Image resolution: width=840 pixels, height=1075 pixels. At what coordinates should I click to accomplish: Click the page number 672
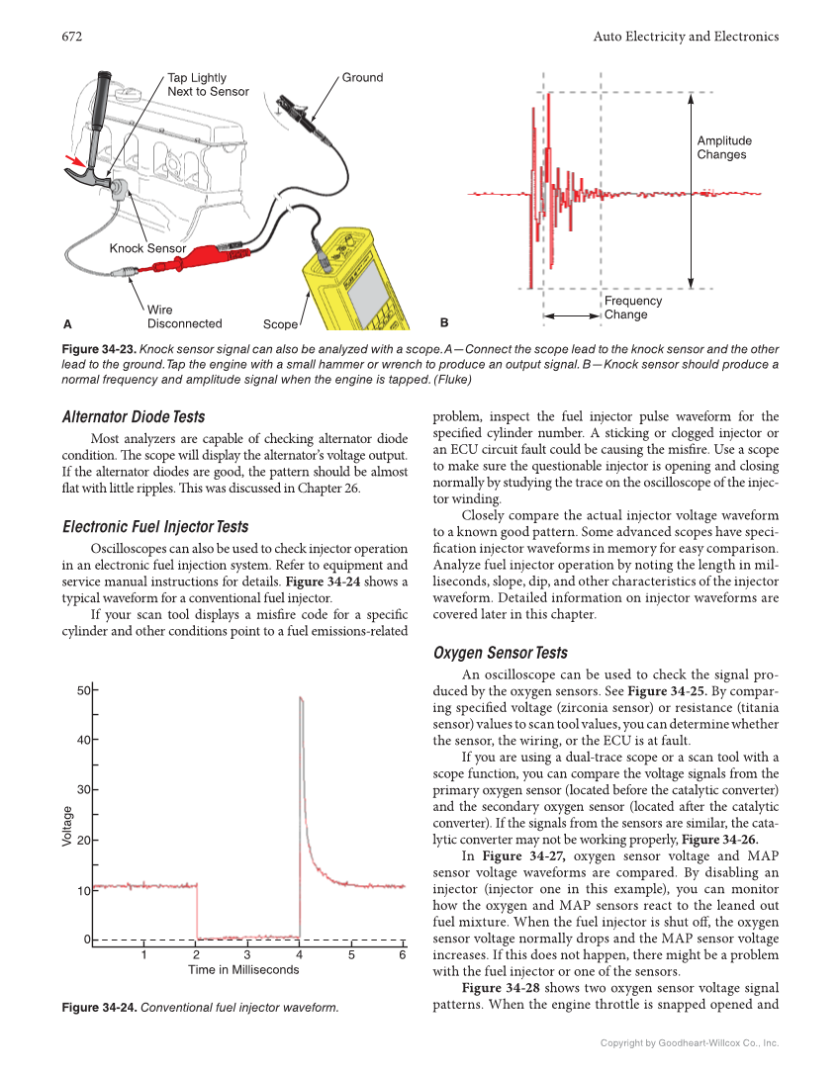click(70, 37)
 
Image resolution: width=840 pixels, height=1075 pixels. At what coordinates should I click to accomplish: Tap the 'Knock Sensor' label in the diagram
click(147, 248)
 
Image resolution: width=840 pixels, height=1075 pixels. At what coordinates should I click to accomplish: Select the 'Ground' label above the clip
click(362, 77)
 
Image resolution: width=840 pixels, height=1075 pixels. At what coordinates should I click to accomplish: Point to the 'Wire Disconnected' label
click(184, 316)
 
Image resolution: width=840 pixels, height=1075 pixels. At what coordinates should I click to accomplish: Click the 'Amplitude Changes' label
click(723, 147)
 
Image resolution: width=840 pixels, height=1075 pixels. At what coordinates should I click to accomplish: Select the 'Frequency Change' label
click(632, 308)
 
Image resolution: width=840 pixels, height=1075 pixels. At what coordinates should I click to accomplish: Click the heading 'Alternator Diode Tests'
click(134, 416)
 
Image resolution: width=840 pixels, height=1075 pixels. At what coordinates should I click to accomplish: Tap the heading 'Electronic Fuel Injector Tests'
click(155, 526)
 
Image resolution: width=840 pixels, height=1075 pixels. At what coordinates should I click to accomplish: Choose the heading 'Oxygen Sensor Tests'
click(501, 653)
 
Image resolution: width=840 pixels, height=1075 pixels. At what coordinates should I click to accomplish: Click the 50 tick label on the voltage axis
click(84, 690)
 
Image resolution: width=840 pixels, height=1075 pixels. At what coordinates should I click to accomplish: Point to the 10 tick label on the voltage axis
click(84, 891)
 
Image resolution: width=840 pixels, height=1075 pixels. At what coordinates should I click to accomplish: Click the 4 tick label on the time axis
click(299, 955)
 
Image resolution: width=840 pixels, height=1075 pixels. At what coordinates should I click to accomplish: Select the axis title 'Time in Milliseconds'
click(243, 970)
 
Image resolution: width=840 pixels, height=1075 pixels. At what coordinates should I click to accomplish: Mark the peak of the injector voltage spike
click(300, 698)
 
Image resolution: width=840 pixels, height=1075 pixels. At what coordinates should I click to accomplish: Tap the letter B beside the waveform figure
click(444, 322)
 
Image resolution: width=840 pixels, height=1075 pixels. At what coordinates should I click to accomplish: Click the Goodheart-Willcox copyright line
click(690, 1042)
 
